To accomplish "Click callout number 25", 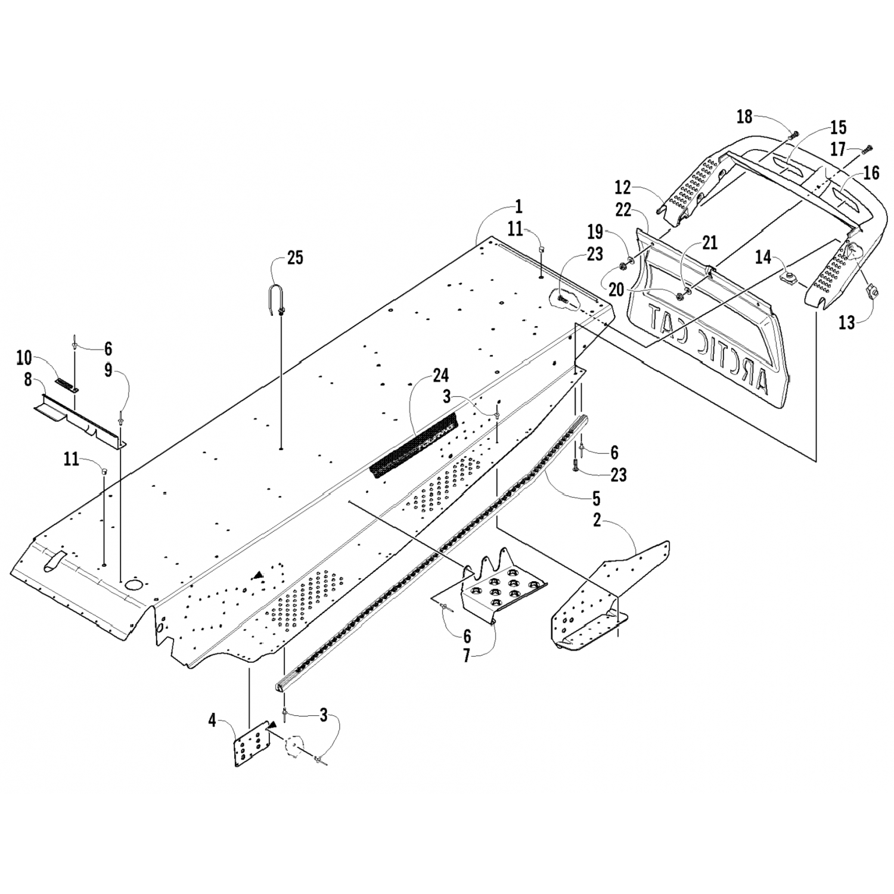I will [x=295, y=257].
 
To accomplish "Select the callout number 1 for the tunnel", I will [x=518, y=207].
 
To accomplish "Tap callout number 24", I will [x=441, y=375].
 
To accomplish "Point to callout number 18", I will [x=744, y=116].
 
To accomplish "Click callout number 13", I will [x=846, y=322].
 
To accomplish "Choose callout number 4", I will [x=212, y=721].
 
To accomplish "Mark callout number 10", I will [x=24, y=358].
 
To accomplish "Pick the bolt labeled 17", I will [x=868, y=147].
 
